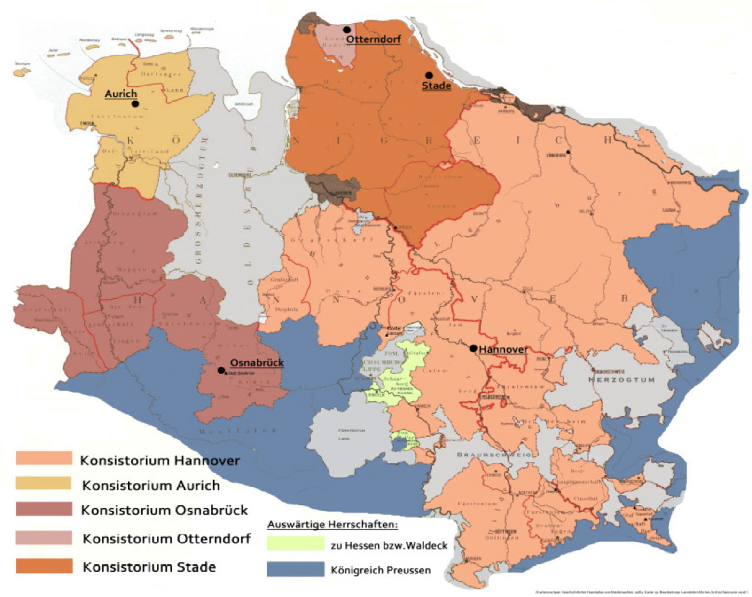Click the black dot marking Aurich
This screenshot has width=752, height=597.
click(x=135, y=104)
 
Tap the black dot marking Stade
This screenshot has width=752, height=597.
click(x=429, y=75)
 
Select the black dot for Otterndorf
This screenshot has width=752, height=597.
click(x=347, y=30)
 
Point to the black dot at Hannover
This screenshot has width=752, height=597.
click(x=473, y=348)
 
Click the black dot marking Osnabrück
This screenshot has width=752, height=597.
click(x=221, y=370)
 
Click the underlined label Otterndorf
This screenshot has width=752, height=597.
click(x=373, y=39)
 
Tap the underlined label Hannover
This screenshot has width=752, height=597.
click(x=503, y=350)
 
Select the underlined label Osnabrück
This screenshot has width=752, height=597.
click(x=257, y=363)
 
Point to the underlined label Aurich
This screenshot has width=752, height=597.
click(x=121, y=94)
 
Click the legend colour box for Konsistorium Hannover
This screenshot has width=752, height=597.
click(x=44, y=458)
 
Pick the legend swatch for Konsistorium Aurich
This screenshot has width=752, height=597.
click(x=44, y=483)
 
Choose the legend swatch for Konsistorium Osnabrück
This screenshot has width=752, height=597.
click(x=44, y=509)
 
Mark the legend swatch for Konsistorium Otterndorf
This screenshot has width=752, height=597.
click(x=44, y=538)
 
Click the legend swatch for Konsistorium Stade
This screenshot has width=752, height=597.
click(x=44, y=566)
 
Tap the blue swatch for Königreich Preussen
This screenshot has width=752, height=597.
click(x=296, y=569)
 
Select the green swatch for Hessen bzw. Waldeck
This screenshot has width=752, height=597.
click(x=296, y=543)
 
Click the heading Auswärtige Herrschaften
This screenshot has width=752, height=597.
click(x=332, y=524)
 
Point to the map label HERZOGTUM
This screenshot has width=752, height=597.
click(x=621, y=379)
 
